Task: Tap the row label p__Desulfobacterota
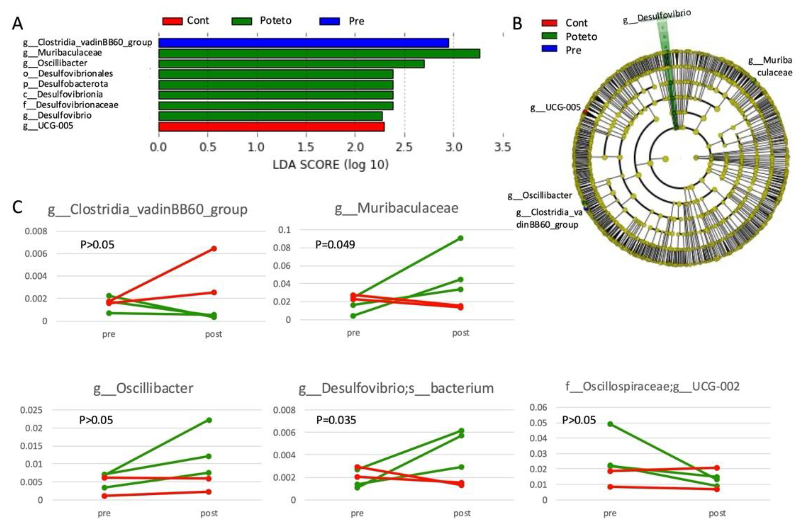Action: coord(66,84)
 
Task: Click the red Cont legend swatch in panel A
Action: coord(172,21)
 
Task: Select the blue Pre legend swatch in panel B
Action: coord(549,49)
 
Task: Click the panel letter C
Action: coord(18,207)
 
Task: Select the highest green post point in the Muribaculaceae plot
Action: coord(460,238)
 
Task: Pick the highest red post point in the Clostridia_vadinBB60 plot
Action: coord(213,249)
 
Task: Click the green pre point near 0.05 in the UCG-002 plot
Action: coord(610,424)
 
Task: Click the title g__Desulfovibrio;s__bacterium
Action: coord(396,388)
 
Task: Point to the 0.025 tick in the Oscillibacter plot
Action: coord(31,410)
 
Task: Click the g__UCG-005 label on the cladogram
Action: coord(555,108)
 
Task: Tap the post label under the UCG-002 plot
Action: coord(717,513)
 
